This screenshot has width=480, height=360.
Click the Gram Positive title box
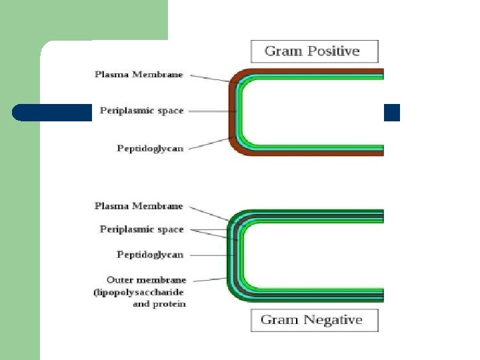pyautogui.click(x=314, y=51)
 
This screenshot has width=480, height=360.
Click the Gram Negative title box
pyautogui.click(x=314, y=320)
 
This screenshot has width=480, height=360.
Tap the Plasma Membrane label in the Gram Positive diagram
pyautogui.click(x=139, y=75)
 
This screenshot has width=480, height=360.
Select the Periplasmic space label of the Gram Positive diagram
pyautogui.click(x=141, y=111)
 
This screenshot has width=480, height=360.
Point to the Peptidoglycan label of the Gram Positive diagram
pyautogui.click(x=150, y=148)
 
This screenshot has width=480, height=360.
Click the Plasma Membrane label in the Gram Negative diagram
pyautogui.click(x=139, y=206)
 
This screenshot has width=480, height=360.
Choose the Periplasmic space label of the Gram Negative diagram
pyautogui.click(x=141, y=229)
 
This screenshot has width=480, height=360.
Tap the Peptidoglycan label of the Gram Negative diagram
pyautogui.click(x=150, y=255)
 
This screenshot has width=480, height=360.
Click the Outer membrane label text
pyautogui.click(x=146, y=280)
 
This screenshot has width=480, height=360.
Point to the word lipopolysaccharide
pyautogui.click(x=139, y=292)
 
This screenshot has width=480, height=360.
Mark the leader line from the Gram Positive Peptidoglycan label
pyautogui.click(x=210, y=143)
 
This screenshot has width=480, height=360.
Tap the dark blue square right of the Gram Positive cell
pyautogui.click(x=392, y=113)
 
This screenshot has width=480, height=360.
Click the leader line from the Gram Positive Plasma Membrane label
pyautogui.click(x=210, y=78)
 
